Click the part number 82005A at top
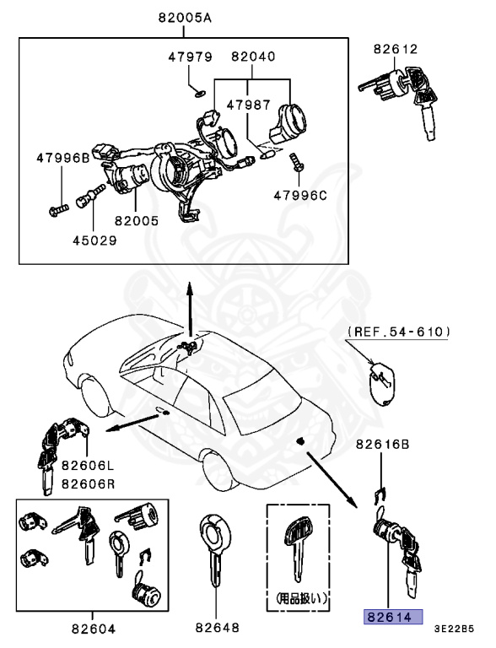tap(184, 18)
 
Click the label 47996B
tap(62, 158)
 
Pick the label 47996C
tap(299, 195)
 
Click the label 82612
tap(397, 49)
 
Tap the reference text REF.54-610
tap(398, 333)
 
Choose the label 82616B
tap(382, 443)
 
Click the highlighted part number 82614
tap(391, 617)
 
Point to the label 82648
tap(218, 628)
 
